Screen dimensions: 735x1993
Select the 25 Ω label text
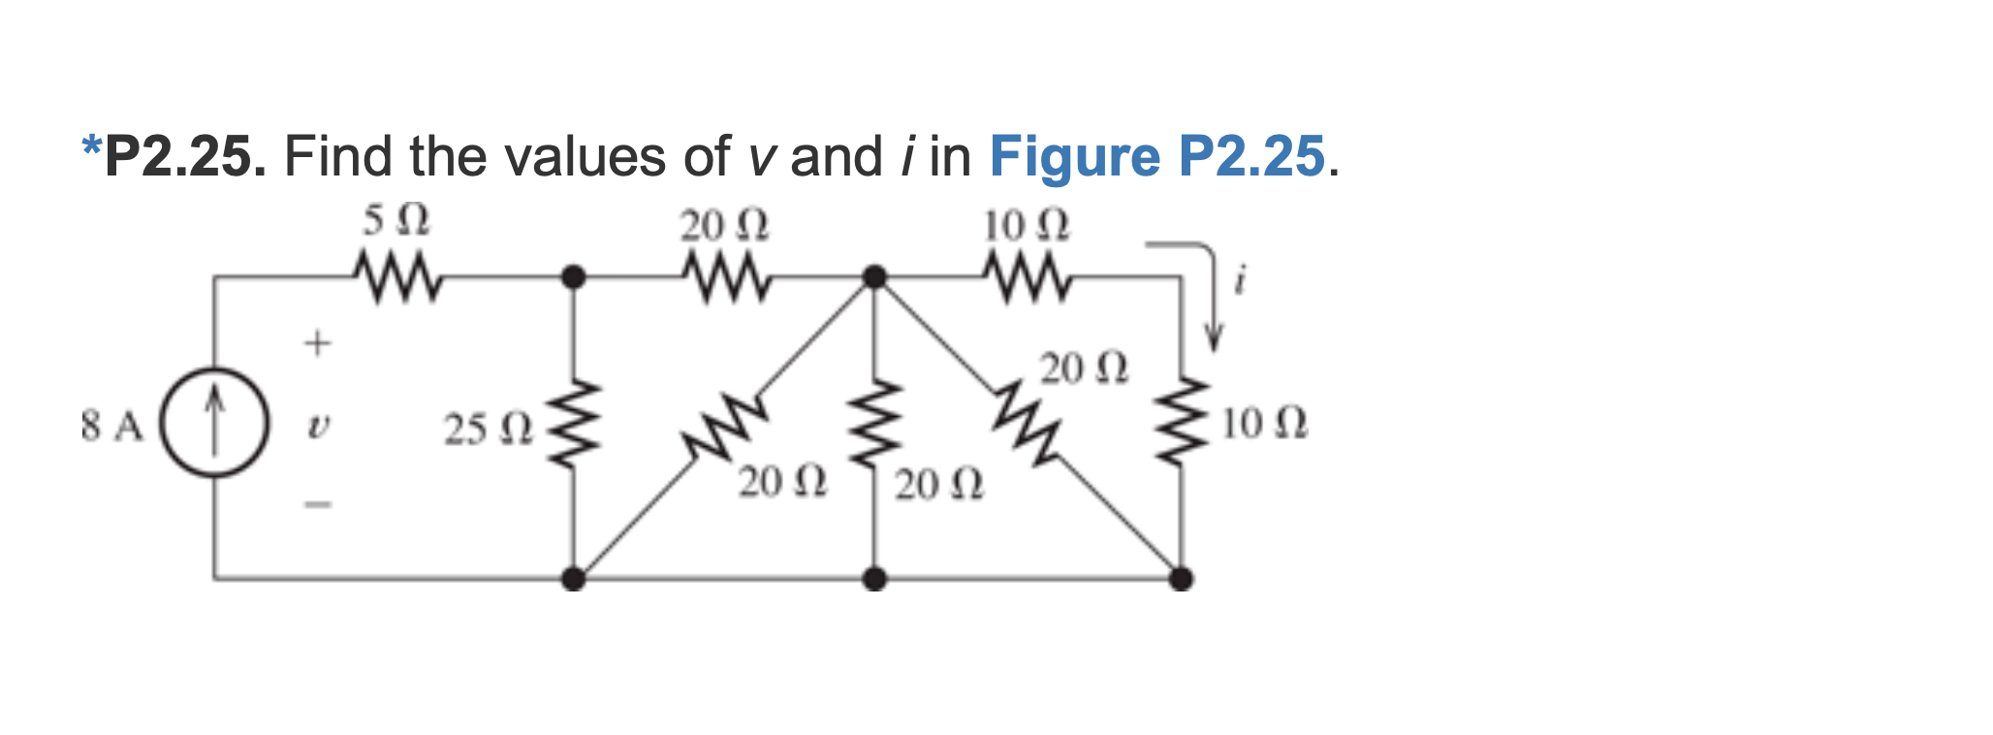[488, 429]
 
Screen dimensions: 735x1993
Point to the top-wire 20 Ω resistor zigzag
[724, 276]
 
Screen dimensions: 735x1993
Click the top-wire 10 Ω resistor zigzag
[1026, 276]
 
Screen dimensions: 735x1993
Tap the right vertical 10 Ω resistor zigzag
[1180, 423]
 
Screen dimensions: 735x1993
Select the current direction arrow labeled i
[1210, 291]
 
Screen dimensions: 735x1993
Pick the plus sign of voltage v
[317, 342]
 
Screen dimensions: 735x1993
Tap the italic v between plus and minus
[316, 425]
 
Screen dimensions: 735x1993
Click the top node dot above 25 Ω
[574, 277]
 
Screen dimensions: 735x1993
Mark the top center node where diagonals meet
[874, 277]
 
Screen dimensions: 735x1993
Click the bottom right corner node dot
[1180, 579]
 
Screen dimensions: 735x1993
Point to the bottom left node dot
[574, 579]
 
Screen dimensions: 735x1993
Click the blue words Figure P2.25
[1156, 156]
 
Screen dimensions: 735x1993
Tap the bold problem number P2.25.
[184, 156]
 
